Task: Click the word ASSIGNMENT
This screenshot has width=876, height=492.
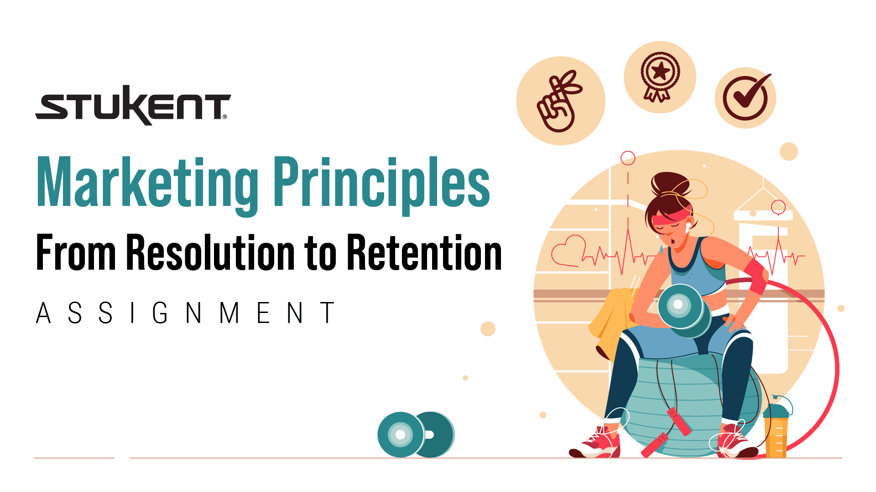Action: click(x=185, y=313)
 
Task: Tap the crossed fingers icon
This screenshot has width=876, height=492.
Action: click(x=559, y=101)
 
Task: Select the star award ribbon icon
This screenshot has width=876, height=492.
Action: click(x=660, y=77)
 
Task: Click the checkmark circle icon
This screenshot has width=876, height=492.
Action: click(x=746, y=97)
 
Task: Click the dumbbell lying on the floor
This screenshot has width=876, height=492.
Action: click(x=415, y=435)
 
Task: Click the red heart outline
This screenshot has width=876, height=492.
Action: click(x=568, y=251)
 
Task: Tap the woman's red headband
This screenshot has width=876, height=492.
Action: click(x=671, y=217)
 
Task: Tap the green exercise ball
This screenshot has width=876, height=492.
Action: click(x=684, y=401)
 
